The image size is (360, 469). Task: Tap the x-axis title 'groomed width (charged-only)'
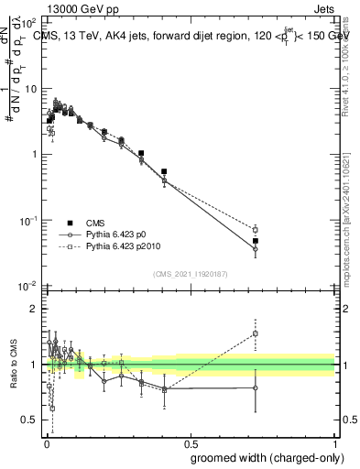coord(262,456)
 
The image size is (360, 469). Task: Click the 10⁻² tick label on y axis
coord(28,287)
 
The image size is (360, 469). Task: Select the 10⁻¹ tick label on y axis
coord(28,221)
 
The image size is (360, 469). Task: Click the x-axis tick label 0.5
coord(190,442)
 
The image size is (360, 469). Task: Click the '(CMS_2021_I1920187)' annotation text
coord(190,273)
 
